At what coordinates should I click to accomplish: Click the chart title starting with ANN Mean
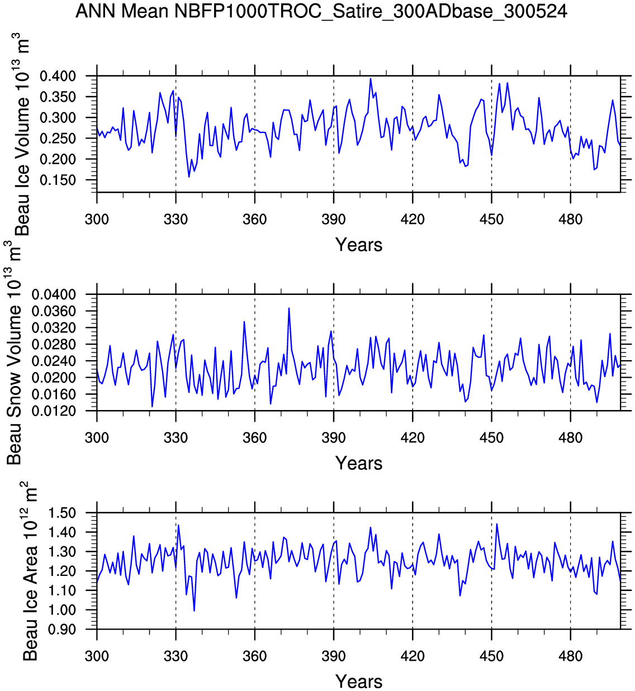point(321,11)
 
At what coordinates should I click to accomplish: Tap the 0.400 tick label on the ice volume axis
point(58,76)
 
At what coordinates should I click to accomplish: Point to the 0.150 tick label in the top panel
point(58,180)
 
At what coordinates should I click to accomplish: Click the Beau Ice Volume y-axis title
point(21,134)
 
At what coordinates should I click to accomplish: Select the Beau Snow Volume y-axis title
point(15,352)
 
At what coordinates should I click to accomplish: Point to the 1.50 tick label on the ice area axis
point(63,513)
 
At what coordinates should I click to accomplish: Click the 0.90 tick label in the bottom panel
point(63,630)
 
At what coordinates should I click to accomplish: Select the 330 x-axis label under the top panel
point(176,219)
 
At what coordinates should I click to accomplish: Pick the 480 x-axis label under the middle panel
point(570,437)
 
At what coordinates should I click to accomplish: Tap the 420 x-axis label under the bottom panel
point(413,656)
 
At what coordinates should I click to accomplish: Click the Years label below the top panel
point(359,245)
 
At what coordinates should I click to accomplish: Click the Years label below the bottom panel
point(359,682)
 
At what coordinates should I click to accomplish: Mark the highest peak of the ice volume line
point(371,79)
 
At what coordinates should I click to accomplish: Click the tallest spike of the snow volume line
point(289,308)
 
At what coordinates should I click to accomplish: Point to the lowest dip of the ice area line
point(194,611)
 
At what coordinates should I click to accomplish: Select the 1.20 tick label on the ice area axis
point(63,571)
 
